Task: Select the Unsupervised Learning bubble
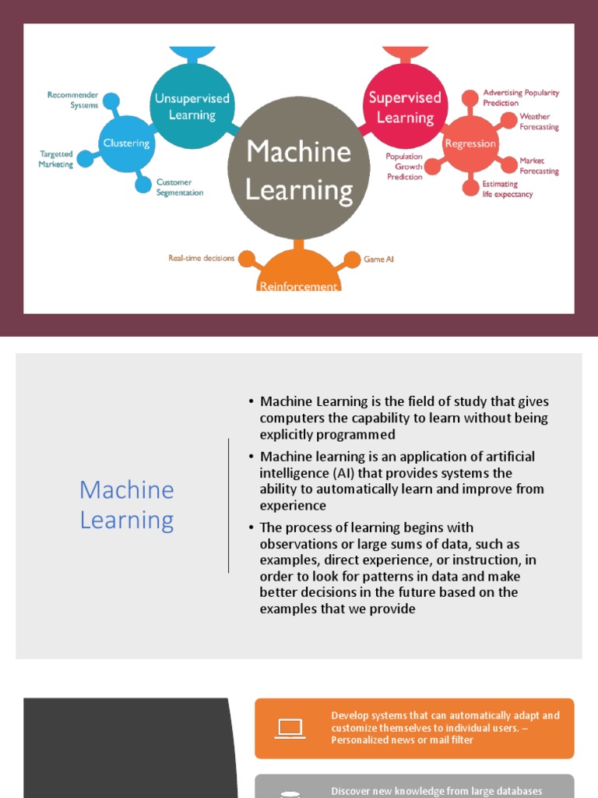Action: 192,107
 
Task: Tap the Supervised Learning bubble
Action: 404,107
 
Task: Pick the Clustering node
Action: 126,143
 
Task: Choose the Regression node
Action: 470,143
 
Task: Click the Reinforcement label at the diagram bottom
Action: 299,286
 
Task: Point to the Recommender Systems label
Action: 72,100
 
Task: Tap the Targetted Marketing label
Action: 56,159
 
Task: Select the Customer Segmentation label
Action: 179,187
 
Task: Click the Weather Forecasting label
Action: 539,122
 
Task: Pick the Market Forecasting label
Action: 539,166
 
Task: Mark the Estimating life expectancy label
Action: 507,189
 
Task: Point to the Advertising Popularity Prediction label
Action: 520,97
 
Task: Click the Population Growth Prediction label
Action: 404,167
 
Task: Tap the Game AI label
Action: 378,259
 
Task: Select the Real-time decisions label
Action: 201,258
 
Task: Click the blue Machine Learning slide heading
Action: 127,505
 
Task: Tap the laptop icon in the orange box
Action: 290,728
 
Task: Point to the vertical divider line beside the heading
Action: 228,505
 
